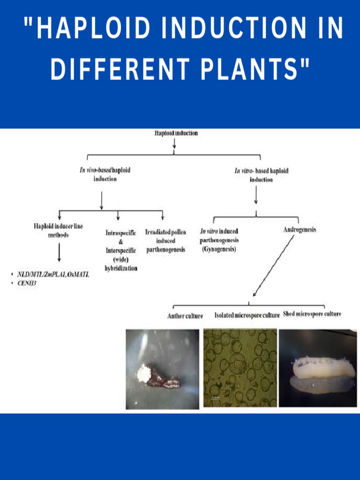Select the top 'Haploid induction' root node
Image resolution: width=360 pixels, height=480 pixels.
pyautogui.click(x=176, y=133)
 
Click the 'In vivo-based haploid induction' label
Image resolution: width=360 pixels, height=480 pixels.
pyautogui.click(x=105, y=174)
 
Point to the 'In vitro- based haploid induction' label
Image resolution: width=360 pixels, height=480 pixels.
pyautogui.click(x=261, y=174)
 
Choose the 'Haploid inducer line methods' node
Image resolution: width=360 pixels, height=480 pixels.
pyautogui.click(x=58, y=230)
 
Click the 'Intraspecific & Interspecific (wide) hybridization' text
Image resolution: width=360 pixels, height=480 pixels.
pyautogui.click(x=121, y=250)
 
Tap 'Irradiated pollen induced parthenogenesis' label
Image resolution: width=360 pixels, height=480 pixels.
pyautogui.click(x=165, y=241)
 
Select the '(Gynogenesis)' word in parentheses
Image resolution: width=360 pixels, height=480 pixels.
pyautogui.click(x=219, y=249)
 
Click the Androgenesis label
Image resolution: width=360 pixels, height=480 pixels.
pyautogui.click(x=300, y=230)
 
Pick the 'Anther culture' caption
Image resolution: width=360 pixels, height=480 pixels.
pyautogui.click(x=185, y=316)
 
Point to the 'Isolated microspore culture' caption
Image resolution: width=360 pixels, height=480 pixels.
pyautogui.click(x=247, y=315)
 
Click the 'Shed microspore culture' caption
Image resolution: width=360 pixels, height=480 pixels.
pyautogui.click(x=312, y=314)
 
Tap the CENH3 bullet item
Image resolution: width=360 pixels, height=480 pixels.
pyautogui.click(x=27, y=283)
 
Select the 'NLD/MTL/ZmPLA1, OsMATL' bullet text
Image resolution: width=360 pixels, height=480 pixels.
pyautogui.click(x=53, y=274)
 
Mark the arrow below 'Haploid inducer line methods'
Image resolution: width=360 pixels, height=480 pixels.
pyautogui.click(x=59, y=252)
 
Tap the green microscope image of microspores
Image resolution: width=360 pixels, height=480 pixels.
pyautogui.click(x=240, y=368)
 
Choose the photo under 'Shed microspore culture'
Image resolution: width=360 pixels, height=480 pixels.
pyautogui.click(x=318, y=368)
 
